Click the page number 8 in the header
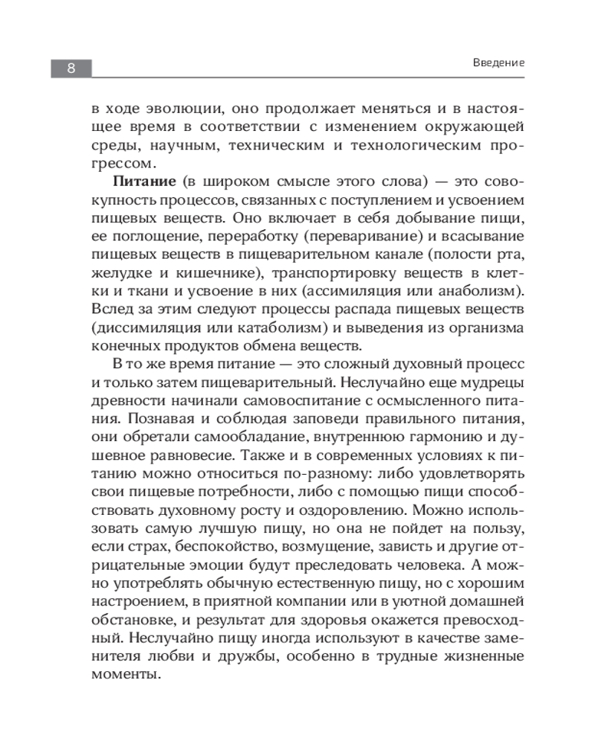tap(71, 68)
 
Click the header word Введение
tap(498, 63)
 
